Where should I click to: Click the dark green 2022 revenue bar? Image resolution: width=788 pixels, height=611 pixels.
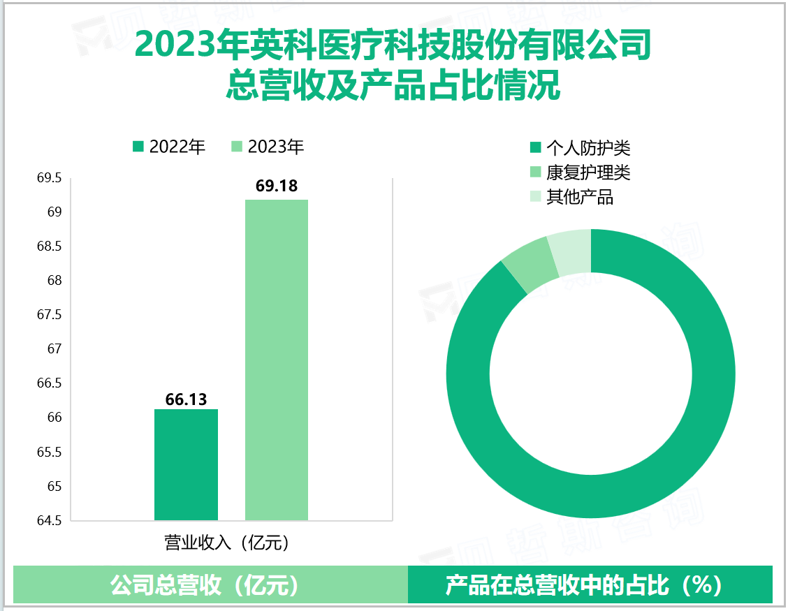click(x=186, y=464)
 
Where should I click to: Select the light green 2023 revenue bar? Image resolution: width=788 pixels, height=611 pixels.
click(x=277, y=360)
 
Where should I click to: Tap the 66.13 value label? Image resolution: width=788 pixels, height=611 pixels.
click(x=186, y=399)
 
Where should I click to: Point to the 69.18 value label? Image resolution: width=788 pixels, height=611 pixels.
click(x=277, y=186)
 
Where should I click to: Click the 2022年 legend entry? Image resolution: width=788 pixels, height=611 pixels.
click(x=170, y=147)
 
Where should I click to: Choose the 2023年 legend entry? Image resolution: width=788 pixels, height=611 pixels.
click(x=268, y=147)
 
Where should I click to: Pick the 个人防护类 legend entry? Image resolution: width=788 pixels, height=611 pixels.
click(x=581, y=147)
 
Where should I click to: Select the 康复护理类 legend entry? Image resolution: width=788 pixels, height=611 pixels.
click(x=581, y=172)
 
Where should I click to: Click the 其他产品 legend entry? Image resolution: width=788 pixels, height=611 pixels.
click(x=572, y=197)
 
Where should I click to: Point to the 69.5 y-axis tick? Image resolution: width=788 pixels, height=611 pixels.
click(x=49, y=179)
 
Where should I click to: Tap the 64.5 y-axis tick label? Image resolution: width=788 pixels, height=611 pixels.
click(x=49, y=520)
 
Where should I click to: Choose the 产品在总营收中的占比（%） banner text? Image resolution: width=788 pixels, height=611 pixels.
click(x=583, y=585)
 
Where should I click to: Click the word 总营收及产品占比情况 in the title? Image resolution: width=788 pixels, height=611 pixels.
click(x=393, y=87)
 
